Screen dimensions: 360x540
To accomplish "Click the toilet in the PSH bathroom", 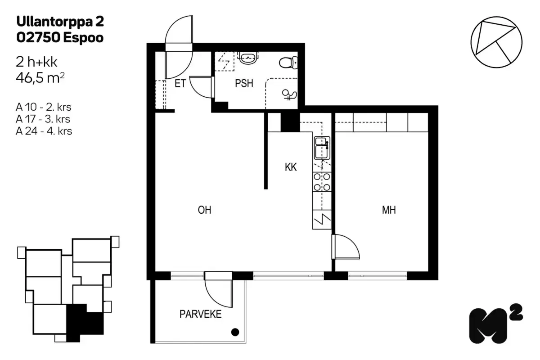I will pyautogui.click(x=288, y=62).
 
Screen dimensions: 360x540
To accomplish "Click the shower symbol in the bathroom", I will pyautogui.click(x=288, y=94).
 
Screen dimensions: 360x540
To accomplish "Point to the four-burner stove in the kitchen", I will pyautogui.click(x=322, y=182).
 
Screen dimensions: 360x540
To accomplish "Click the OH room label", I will pyautogui.click(x=204, y=210).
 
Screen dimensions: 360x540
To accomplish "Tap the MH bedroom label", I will pyautogui.click(x=389, y=210).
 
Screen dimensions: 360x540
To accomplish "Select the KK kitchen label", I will pyautogui.click(x=291, y=167).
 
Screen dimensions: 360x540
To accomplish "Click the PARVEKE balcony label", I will pyautogui.click(x=201, y=314).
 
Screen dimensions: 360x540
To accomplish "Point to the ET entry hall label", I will pyautogui.click(x=180, y=84).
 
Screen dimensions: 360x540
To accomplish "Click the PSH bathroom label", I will pyautogui.click(x=244, y=84).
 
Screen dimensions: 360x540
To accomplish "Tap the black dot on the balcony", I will pyautogui.click(x=234, y=333).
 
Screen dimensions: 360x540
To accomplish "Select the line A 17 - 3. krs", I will pyautogui.click(x=44, y=119).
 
